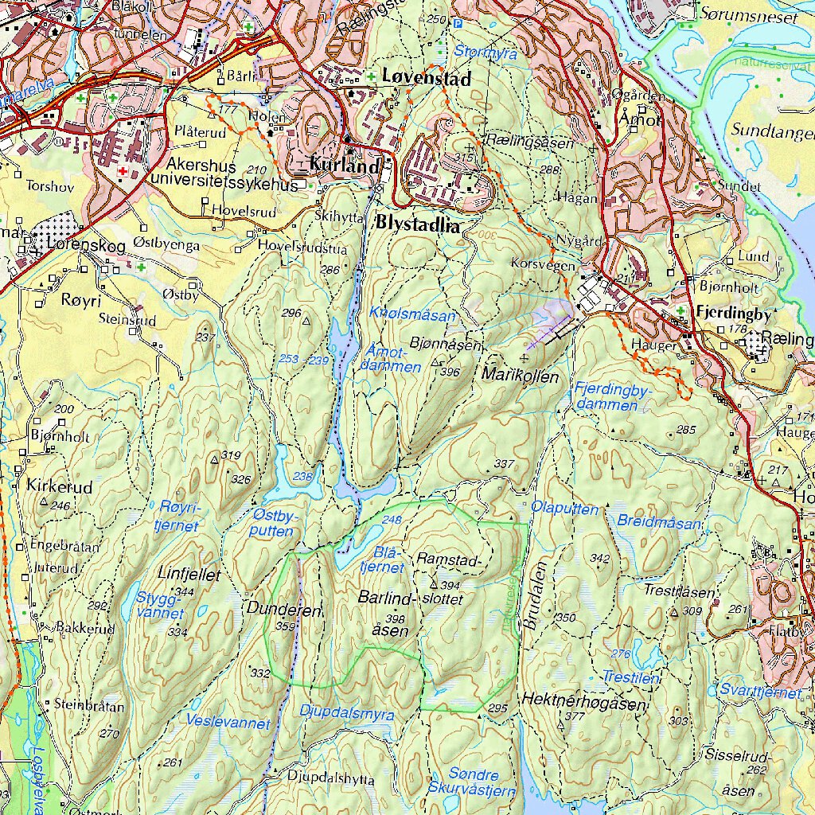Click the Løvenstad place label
coord(426,78)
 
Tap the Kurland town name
coord(345,167)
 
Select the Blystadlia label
coord(419,225)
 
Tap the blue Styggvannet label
coord(161,605)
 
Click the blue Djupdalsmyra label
coord(346,714)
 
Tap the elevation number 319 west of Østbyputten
coord(231,455)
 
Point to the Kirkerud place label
coord(59,486)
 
